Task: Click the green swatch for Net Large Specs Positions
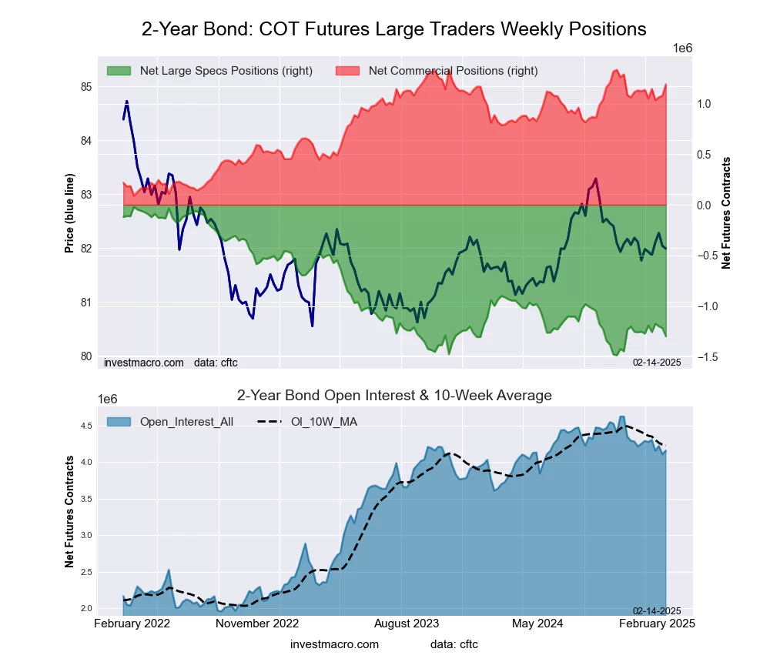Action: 119,71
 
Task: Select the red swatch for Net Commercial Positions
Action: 347,71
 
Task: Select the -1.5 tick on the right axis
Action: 708,357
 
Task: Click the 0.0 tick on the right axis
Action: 705,206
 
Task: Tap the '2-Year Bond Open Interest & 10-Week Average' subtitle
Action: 393,396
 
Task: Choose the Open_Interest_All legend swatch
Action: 119,421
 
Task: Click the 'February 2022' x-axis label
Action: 132,624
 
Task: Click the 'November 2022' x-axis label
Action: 258,624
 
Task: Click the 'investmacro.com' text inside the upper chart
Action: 143,362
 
